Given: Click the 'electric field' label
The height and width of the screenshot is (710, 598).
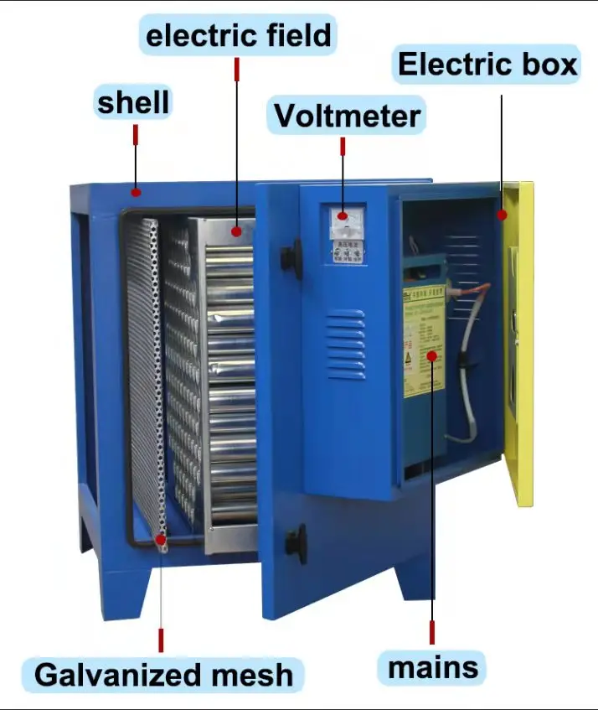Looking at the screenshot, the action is pyautogui.click(x=238, y=36).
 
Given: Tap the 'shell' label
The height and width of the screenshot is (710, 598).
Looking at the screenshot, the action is pyautogui.click(x=133, y=102).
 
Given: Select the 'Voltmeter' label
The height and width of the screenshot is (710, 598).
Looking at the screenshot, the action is pyautogui.click(x=347, y=115).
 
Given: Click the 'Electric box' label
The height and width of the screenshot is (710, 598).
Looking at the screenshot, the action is pyautogui.click(x=487, y=65).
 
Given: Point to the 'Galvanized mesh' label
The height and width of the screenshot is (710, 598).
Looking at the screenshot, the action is pyautogui.click(x=165, y=673).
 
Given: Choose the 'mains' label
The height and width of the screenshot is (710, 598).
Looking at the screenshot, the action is pyautogui.click(x=432, y=667).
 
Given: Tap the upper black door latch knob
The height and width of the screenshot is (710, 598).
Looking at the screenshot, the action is pyautogui.click(x=291, y=257).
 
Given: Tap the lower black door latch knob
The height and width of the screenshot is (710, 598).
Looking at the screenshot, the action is pyautogui.click(x=296, y=542).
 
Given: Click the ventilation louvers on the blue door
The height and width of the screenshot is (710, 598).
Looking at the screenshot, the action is pyautogui.click(x=345, y=344).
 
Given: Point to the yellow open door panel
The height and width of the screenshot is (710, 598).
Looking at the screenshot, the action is pyautogui.click(x=520, y=344).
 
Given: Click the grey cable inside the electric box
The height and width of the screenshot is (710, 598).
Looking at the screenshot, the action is pyautogui.click(x=467, y=369).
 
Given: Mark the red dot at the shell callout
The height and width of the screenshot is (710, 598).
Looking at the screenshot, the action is pyautogui.click(x=134, y=192).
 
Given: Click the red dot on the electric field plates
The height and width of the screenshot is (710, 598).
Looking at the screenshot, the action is pyautogui.click(x=237, y=231).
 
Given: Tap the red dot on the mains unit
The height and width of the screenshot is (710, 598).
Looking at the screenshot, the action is pyautogui.click(x=432, y=356).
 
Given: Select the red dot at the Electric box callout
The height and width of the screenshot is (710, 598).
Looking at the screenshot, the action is pyautogui.click(x=502, y=215).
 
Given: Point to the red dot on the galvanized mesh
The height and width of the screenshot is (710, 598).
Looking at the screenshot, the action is pyautogui.click(x=160, y=541).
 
